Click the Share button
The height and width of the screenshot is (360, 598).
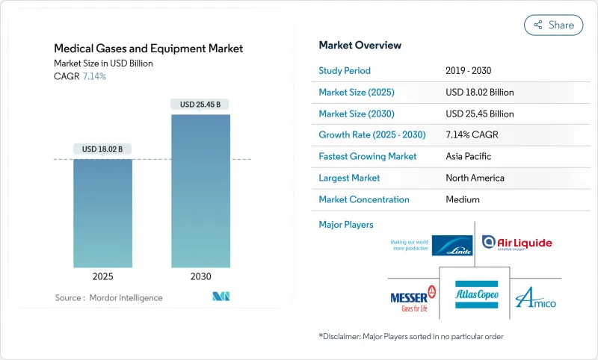[x=553, y=25]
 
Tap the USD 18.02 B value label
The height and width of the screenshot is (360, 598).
[x=102, y=149]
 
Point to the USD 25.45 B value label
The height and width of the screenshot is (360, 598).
[x=200, y=105]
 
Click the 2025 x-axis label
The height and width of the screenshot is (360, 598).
[x=102, y=276]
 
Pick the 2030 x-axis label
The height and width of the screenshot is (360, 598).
[x=200, y=276]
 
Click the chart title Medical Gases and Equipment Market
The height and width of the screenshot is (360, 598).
[x=148, y=49]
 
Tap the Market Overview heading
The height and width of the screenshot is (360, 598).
[x=359, y=45]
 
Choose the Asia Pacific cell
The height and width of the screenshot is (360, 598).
[x=468, y=157]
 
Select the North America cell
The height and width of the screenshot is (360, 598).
[x=474, y=178]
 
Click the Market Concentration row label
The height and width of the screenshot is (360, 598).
[x=364, y=199]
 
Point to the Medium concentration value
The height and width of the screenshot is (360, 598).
[x=462, y=199]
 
